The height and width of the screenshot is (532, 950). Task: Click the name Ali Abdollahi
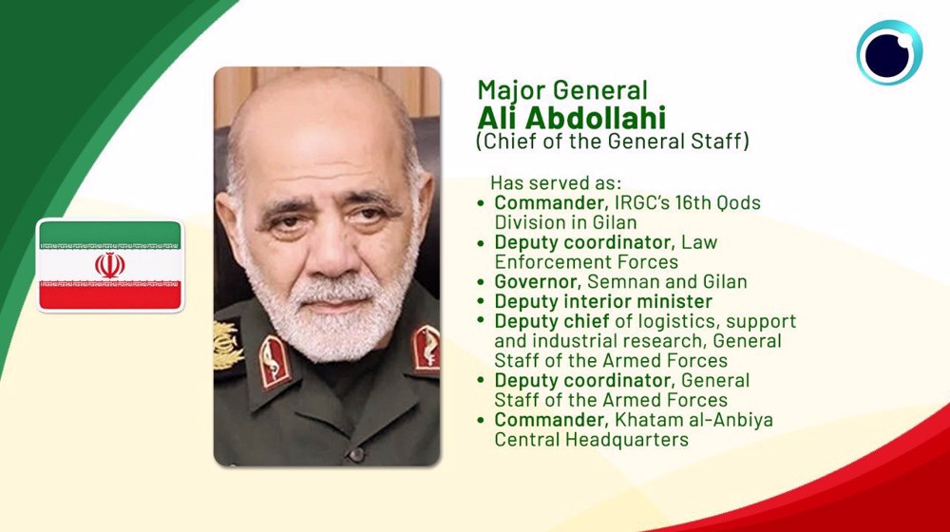(x=571, y=117)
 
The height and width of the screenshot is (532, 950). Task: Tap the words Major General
(x=562, y=90)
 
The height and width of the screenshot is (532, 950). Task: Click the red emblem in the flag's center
(x=110, y=265)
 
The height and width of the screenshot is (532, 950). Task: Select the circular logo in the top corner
(x=889, y=52)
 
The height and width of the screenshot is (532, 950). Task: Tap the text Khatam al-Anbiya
(x=693, y=419)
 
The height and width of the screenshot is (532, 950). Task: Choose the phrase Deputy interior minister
(x=603, y=301)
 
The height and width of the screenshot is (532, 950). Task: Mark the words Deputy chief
(x=552, y=321)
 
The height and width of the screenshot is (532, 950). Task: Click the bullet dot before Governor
(x=481, y=282)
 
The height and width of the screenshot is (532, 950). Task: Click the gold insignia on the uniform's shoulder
(x=227, y=345)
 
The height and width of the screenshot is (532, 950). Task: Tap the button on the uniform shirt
(x=357, y=454)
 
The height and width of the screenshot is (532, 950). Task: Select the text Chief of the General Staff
(x=613, y=142)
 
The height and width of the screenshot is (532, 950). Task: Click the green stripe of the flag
(x=110, y=234)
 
